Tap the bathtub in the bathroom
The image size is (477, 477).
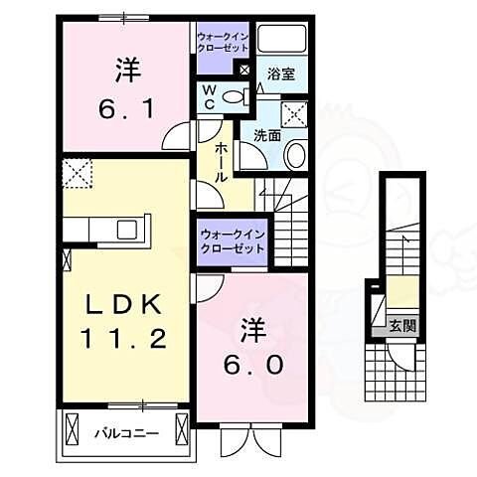click(280, 41)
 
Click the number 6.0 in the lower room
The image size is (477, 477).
click(253, 365)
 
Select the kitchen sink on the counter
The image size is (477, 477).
click(128, 230)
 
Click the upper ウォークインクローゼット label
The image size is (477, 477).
click(224, 44)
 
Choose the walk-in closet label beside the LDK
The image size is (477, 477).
click(233, 242)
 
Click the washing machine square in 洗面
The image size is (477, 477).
click(293, 112)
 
